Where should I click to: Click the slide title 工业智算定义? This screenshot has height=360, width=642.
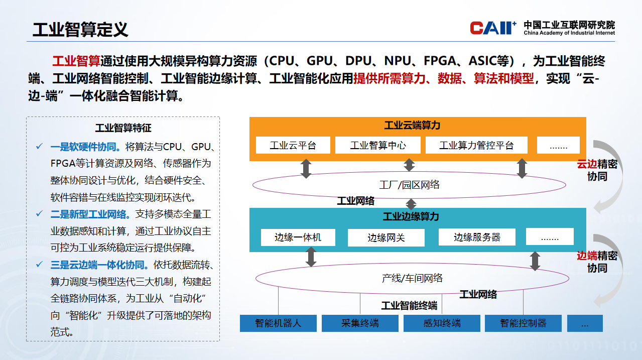[80, 30]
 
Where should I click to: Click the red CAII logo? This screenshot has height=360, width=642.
[492, 28]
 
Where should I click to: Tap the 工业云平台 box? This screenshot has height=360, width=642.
[293, 146]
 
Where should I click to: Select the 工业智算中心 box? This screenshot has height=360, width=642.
[377, 146]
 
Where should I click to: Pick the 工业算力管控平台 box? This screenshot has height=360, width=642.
[476, 146]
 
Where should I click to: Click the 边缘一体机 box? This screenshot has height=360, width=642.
[298, 237]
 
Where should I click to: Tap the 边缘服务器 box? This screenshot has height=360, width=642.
[477, 237]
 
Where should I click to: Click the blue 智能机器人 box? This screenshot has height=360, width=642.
[278, 323]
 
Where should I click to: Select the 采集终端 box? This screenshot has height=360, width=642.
[360, 323]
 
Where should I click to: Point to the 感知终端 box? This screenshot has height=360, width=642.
[442, 323]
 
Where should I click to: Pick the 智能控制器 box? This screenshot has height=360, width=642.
[523, 323]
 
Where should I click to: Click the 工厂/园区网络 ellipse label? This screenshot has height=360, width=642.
[409, 185]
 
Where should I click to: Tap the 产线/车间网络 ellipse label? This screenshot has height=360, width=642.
[412, 278]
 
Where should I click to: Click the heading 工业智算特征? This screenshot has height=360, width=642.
[123, 129]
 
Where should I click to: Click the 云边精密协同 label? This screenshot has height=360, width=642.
[597, 170]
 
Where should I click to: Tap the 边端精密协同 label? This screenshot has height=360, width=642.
[597, 262]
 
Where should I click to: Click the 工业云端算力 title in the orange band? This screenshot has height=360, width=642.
[412, 126]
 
